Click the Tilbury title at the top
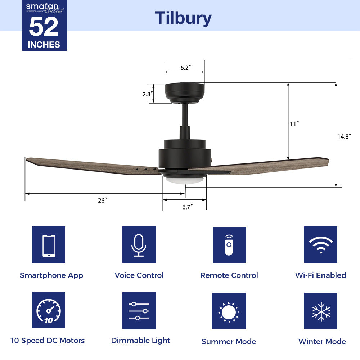pos(183,18)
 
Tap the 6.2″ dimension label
pos(185,68)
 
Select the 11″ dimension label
pos(294,124)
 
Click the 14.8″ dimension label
pos(344,136)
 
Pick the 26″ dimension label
pos(102,201)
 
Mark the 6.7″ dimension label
pos(187,207)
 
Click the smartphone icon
pos(49,245)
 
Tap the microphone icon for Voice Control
pos(139,245)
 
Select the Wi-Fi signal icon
pos(320,245)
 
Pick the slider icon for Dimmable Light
pos(139,310)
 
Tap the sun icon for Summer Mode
pos(229,311)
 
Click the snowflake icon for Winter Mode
pos(320,311)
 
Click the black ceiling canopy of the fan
pos(185,92)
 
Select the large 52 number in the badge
pos(44,27)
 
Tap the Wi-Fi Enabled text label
pos(320,275)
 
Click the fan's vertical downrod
pos(185,115)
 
